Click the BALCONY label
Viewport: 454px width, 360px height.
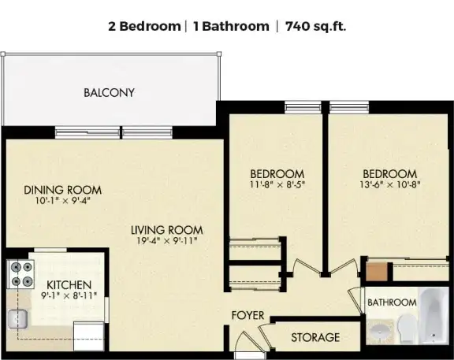109,92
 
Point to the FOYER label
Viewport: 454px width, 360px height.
247,316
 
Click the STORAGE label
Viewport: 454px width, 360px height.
315,337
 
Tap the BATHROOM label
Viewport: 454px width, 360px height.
392,302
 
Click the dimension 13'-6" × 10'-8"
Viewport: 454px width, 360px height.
389,186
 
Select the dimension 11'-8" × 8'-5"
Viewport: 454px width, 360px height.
277,186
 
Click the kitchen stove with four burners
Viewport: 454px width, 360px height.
22,273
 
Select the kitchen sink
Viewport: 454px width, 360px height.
17,319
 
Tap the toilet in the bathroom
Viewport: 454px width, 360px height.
406,328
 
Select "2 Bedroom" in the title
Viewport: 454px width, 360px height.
143,26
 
